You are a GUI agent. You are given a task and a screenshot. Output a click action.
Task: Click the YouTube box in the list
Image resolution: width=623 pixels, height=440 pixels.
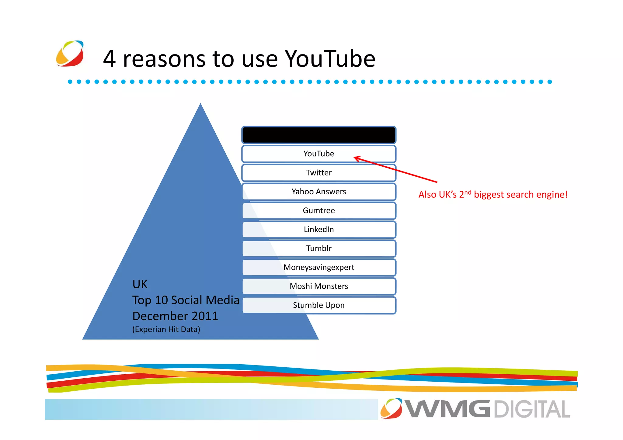318,154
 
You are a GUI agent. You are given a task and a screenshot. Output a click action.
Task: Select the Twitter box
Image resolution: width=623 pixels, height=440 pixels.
318,173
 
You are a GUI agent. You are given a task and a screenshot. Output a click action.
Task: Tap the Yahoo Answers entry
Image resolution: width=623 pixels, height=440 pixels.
318,192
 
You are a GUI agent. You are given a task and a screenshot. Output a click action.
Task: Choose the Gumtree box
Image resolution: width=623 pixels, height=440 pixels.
318,210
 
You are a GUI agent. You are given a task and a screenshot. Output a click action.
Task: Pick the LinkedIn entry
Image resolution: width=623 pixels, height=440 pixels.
318,229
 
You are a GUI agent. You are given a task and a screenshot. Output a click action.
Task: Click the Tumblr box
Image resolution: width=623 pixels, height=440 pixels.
318,248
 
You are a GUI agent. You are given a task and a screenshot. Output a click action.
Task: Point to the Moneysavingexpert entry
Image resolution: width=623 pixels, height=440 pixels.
318,267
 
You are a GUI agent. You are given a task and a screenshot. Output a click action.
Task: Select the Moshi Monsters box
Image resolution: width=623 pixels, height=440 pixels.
318,286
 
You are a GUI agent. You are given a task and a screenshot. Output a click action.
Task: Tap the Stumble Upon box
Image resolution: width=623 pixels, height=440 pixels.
318,305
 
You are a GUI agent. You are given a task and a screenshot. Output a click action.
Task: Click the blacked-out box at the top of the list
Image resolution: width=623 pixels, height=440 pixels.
318,135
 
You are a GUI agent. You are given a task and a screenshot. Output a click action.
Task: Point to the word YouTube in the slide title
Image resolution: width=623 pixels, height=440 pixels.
330,58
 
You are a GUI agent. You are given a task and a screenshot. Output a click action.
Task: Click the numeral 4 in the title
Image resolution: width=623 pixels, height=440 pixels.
110,58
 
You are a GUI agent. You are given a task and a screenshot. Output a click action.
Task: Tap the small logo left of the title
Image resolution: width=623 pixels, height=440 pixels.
70,54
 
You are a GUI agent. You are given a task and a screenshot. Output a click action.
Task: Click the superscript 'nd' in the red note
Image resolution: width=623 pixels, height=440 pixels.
468,192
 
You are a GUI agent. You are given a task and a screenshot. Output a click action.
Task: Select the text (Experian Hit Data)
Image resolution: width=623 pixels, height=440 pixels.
166,329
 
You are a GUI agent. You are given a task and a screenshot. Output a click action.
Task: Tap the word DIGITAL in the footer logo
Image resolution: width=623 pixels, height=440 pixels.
532,409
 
